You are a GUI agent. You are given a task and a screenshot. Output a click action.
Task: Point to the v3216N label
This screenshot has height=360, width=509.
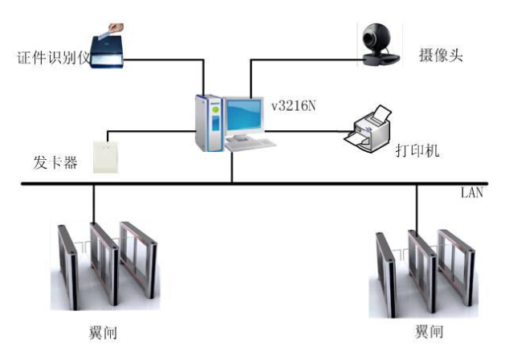click(x=294, y=105)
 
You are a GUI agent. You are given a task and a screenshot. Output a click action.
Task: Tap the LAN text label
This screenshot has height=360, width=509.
click(x=471, y=194)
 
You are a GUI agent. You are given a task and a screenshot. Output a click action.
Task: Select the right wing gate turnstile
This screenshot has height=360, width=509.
click(x=422, y=273)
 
